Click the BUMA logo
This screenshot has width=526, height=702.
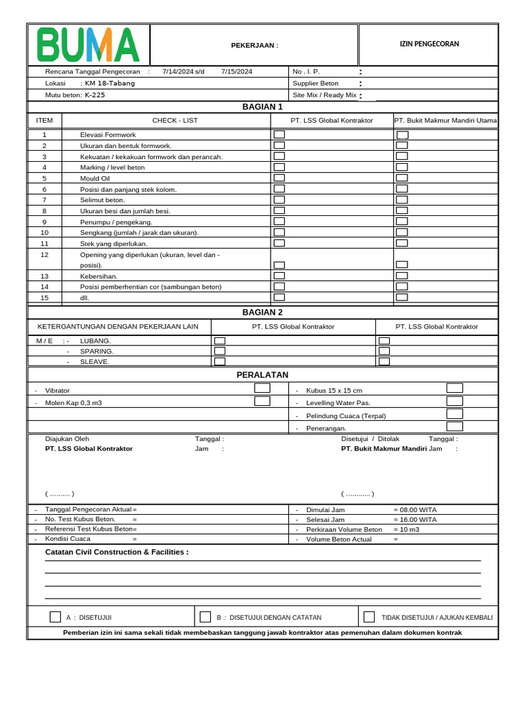(x=88, y=45)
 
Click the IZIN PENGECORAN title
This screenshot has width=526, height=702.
(x=429, y=44)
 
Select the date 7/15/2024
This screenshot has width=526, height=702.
(x=237, y=71)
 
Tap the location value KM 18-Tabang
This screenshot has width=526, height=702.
(x=110, y=83)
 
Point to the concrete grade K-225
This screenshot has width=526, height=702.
(x=95, y=95)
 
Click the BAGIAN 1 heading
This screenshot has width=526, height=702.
(x=262, y=107)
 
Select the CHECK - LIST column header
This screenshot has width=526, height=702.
(x=175, y=121)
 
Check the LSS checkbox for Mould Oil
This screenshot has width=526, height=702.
(x=279, y=178)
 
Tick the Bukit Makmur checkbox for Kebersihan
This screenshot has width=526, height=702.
(x=402, y=276)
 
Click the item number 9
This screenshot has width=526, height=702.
(x=45, y=222)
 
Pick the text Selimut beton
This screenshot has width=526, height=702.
(x=103, y=199)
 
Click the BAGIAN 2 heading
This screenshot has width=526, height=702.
(x=262, y=312)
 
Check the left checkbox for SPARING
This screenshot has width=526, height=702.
(x=220, y=351)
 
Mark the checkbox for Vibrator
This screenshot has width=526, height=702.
(x=262, y=388)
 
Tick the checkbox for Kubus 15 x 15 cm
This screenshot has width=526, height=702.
(x=454, y=388)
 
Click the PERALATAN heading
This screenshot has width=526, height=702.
(x=262, y=375)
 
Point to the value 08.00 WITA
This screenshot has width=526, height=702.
(x=415, y=510)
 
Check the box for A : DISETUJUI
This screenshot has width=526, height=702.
(x=55, y=617)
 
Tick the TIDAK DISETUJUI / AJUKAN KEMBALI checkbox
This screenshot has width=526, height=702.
(x=369, y=617)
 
